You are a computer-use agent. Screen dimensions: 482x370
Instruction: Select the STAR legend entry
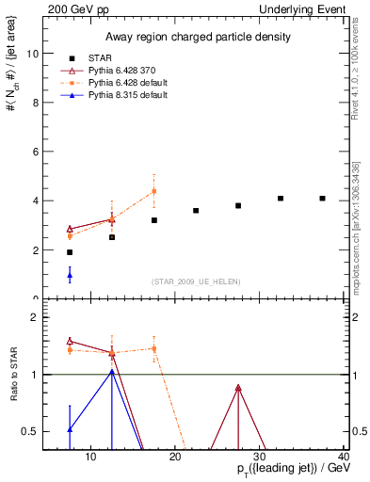tap(102, 57)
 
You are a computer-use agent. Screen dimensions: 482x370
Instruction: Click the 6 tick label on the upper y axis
tap(35, 152)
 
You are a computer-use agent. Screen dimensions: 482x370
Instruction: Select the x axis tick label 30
tap(260, 458)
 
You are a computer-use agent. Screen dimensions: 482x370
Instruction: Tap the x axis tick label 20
tap(175, 458)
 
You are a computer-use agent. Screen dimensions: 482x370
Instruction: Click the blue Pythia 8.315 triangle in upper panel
tap(70, 276)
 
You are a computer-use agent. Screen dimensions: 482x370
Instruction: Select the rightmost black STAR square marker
tap(322, 199)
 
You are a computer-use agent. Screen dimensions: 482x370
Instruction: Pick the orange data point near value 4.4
tap(153, 191)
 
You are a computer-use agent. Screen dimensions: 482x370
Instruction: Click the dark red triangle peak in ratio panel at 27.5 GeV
tap(238, 388)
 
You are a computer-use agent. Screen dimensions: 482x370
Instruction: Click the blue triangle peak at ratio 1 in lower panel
tap(112, 372)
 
